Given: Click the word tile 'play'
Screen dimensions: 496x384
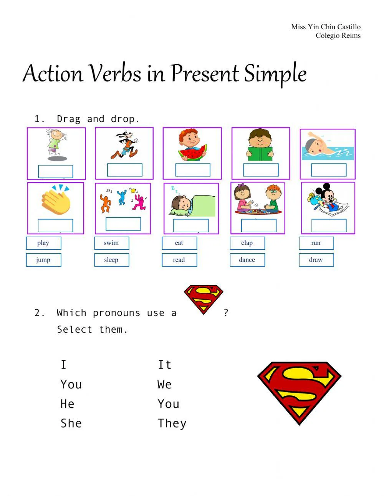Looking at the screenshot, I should point(43,243).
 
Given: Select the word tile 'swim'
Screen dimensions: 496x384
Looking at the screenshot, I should point(111,243).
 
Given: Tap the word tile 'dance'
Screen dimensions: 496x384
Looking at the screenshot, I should point(247,260).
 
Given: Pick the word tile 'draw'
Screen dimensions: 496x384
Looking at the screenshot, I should point(316,260).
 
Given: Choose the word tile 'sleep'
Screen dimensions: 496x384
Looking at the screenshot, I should point(111,260).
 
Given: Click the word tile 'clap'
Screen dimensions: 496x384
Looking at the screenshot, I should point(247,243).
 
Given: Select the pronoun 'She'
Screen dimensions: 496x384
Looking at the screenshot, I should point(71,423).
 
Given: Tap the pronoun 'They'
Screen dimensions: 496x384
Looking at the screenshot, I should point(172,423).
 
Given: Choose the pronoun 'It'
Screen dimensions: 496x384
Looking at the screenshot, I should point(164,365).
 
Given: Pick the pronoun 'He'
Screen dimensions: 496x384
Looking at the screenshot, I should point(67,404).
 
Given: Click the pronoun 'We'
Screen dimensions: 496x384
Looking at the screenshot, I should point(164,384).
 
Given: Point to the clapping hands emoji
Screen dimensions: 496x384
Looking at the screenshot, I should point(56,200).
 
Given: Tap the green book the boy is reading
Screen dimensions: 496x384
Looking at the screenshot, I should point(260,153).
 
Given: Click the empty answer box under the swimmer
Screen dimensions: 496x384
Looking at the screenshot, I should point(329,170).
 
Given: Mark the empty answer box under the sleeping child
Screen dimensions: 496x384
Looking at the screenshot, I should point(191,226).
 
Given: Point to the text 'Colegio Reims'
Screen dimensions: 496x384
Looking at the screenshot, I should point(338,36).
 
